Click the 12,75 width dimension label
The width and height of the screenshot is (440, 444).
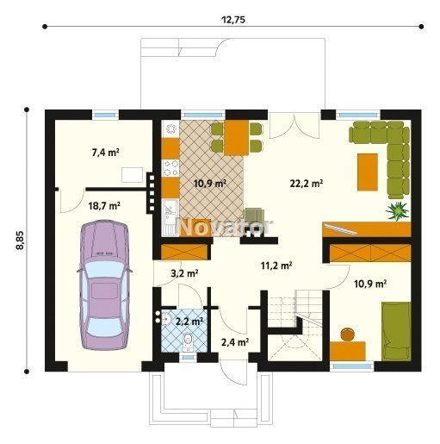pos(233,20)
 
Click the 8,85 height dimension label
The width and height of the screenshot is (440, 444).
pos(21,240)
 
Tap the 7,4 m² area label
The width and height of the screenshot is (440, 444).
pos(106,153)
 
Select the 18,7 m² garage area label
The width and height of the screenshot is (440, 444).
pos(104,206)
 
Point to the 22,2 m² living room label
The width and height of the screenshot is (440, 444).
pos(307,183)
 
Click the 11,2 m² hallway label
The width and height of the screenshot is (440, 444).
pos(276,266)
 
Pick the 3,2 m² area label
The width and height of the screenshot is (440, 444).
pos(184,273)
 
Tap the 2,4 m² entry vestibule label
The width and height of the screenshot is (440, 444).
pos(235,342)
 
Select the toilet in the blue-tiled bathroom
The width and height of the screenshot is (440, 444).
pos(188,341)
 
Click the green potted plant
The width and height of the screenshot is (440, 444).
pos(398,210)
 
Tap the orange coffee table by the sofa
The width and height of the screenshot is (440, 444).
pos(368,172)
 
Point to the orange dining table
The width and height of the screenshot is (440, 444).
pos(237,138)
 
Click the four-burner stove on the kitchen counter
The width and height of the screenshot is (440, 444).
pos(170,168)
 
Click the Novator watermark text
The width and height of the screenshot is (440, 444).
pos(225,227)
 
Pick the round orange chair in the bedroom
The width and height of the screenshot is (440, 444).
pos(348,335)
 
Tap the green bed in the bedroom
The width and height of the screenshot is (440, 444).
pos(396,331)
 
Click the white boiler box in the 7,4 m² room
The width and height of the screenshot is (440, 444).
pos(132,175)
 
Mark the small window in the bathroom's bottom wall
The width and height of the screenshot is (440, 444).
pos(188,358)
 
